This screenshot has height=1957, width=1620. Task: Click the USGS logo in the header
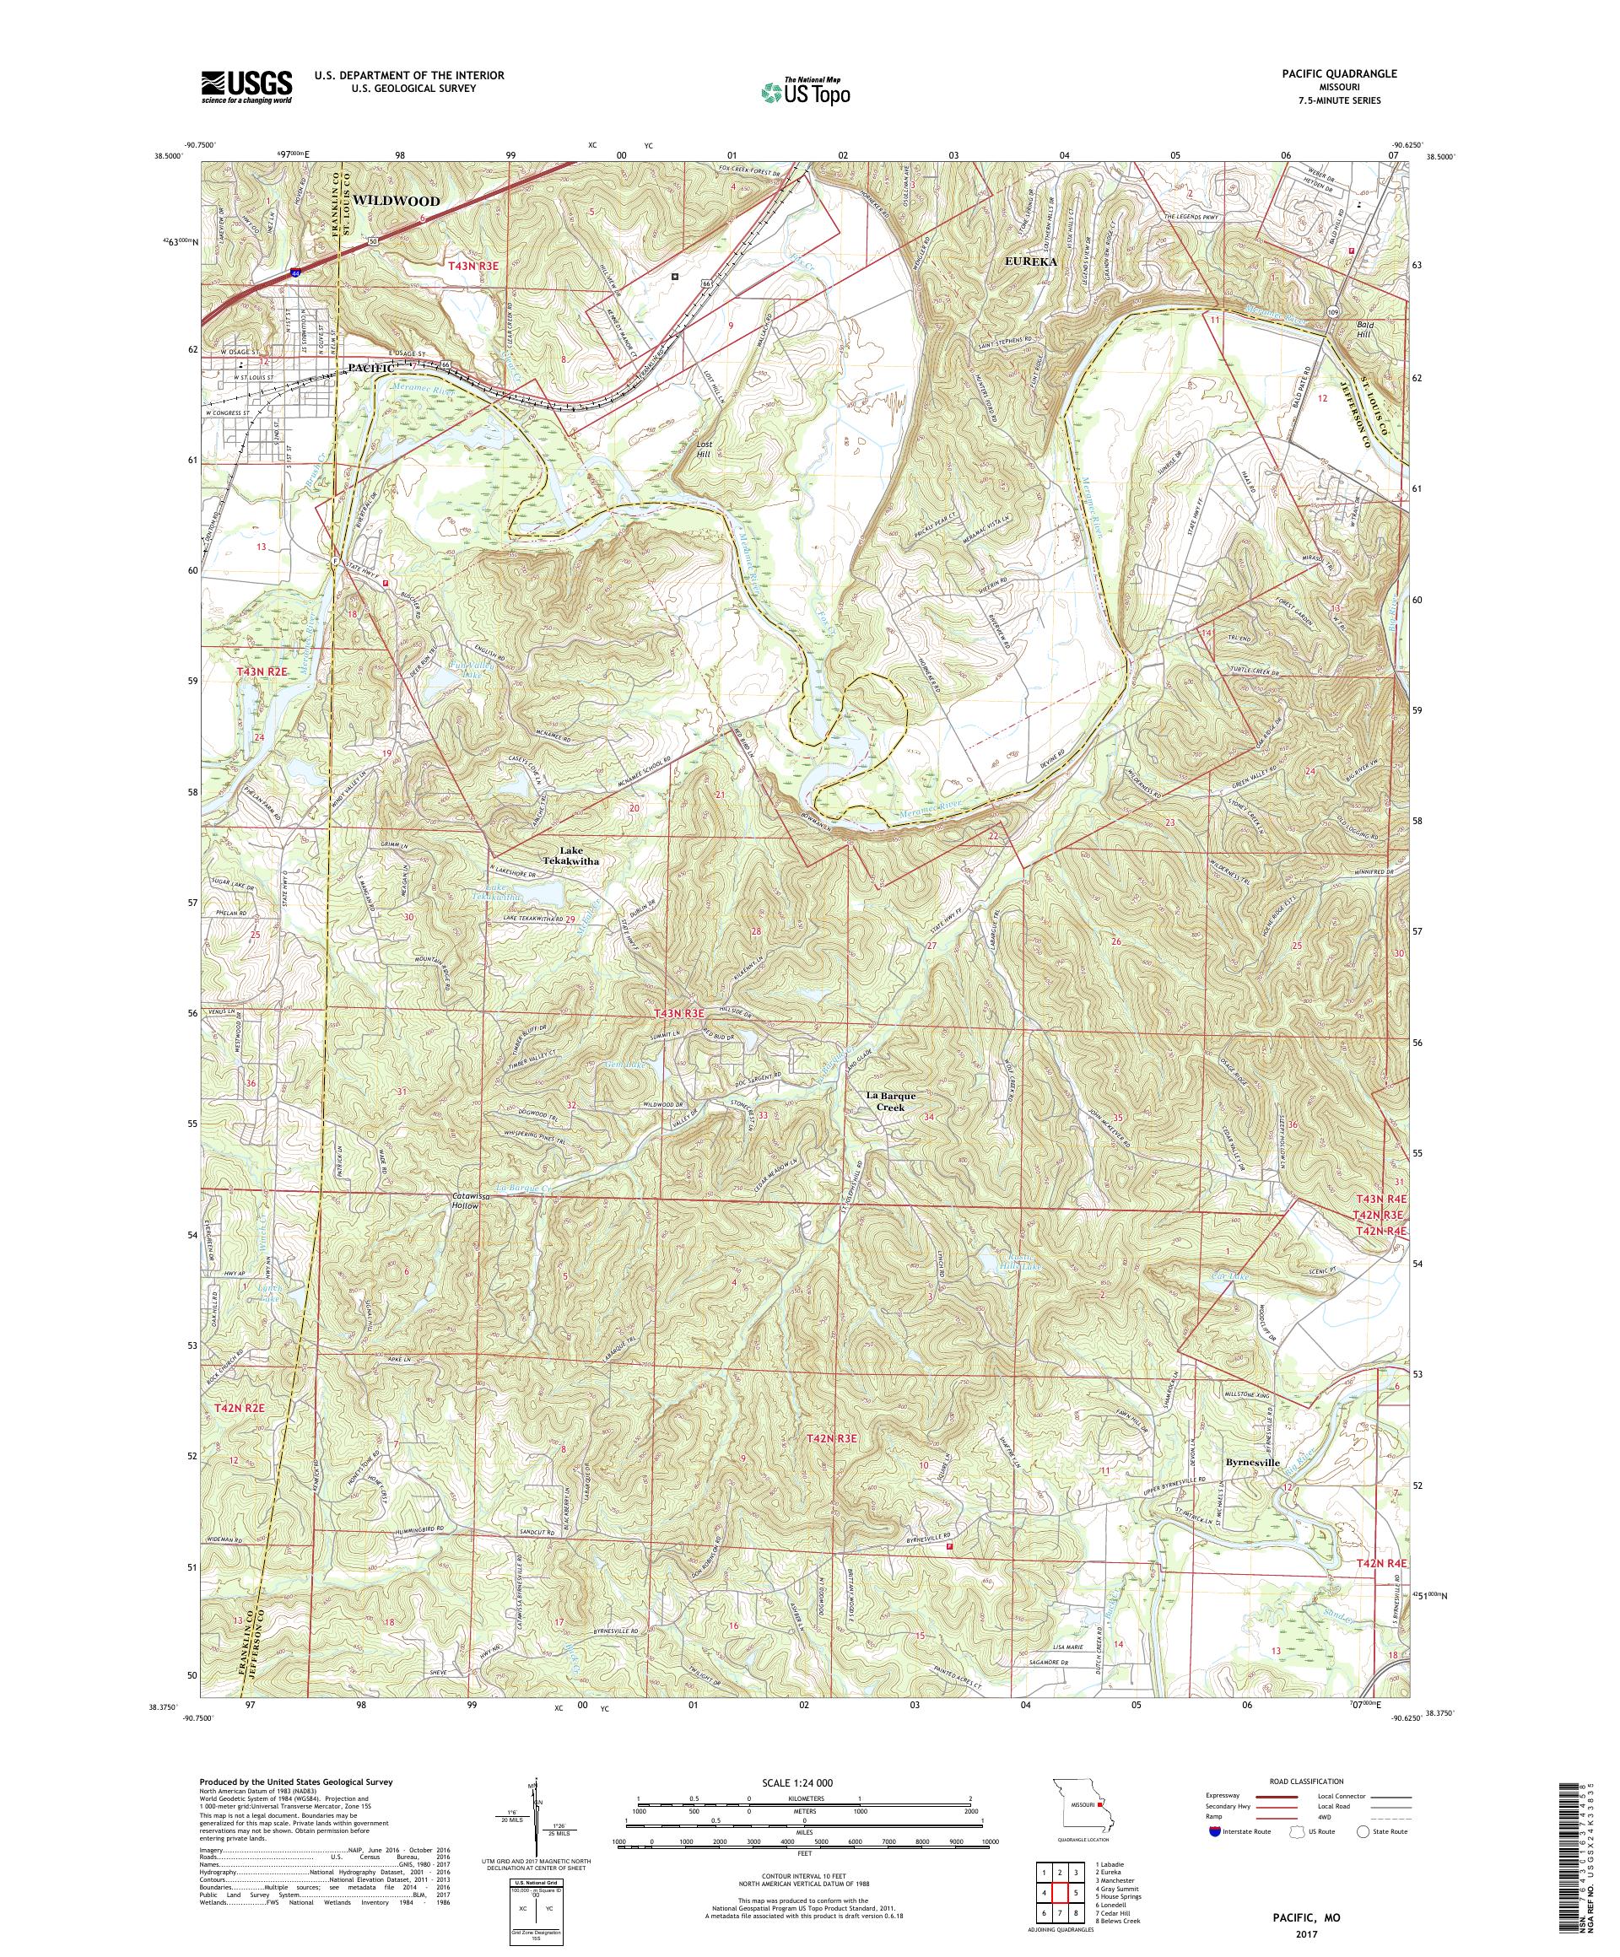pos(246,88)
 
